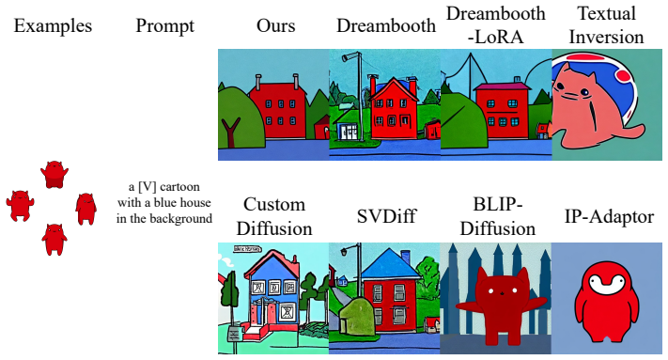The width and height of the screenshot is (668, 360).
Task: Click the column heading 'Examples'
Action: point(53,26)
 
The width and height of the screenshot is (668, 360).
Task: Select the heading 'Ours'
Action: point(275,25)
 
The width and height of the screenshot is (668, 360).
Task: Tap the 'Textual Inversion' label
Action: point(607,24)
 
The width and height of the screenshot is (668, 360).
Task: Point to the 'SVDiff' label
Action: point(386,216)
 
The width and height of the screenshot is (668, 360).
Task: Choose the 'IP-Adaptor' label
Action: point(609,217)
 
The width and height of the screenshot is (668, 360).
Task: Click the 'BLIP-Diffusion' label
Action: point(498,216)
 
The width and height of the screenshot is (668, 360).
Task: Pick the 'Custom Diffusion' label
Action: point(274,216)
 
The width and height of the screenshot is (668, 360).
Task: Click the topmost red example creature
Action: point(54,174)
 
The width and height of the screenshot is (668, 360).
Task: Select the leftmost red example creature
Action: point(20,206)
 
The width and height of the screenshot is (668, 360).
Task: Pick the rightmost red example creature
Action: point(86,209)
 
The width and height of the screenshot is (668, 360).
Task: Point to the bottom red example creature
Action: point(54,240)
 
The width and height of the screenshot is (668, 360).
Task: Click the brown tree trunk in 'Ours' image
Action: point(230,132)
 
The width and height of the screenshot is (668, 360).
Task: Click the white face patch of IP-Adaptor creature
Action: point(607,284)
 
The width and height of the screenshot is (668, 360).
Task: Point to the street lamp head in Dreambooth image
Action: point(347,57)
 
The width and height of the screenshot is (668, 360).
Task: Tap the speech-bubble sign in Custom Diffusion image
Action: point(247,249)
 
